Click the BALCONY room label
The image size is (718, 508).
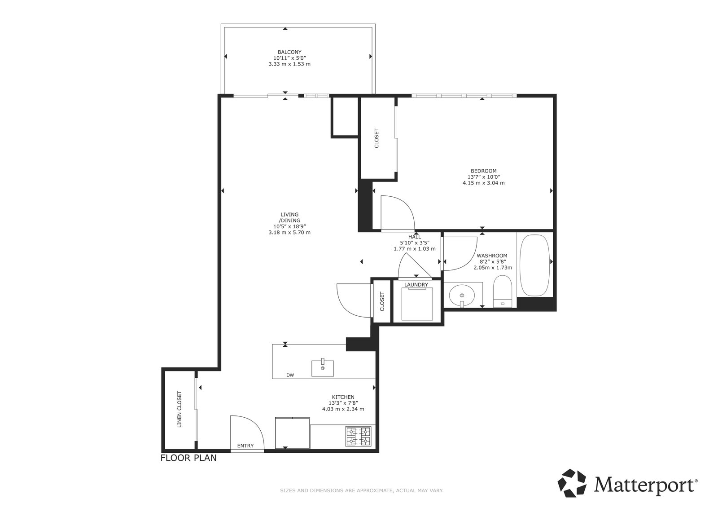(x=289, y=52)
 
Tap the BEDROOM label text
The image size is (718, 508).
(x=483, y=171)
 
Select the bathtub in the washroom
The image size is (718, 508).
(x=534, y=265)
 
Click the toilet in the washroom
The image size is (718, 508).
(x=503, y=292)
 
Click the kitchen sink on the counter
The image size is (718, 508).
(x=323, y=368)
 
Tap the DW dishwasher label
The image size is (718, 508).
(x=290, y=375)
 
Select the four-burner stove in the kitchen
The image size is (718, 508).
(x=359, y=436)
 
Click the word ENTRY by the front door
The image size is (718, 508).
(x=245, y=446)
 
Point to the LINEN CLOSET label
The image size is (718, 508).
(x=179, y=409)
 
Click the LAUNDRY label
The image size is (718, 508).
(x=416, y=285)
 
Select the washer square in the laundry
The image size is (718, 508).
(x=417, y=304)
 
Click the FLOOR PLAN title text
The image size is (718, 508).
(x=188, y=458)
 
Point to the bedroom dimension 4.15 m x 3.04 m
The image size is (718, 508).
(x=483, y=183)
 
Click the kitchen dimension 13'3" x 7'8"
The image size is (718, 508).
(x=343, y=403)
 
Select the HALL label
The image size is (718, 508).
(x=415, y=237)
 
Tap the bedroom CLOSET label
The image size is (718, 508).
(x=377, y=138)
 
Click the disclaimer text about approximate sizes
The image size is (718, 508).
(x=362, y=490)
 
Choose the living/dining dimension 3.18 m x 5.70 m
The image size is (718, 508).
(x=289, y=232)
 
